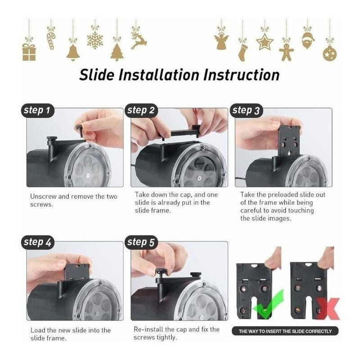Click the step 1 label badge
click(x=39, y=110)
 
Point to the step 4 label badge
click(x=39, y=242)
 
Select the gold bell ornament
click(x=73, y=52)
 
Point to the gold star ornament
click(x=265, y=42)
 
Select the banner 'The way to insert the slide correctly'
click(x=285, y=331)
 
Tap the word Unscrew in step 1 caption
click(x=43, y=197)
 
